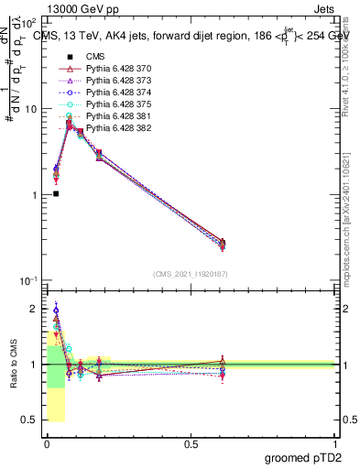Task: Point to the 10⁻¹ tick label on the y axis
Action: click(28, 280)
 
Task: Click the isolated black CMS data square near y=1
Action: click(56, 193)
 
